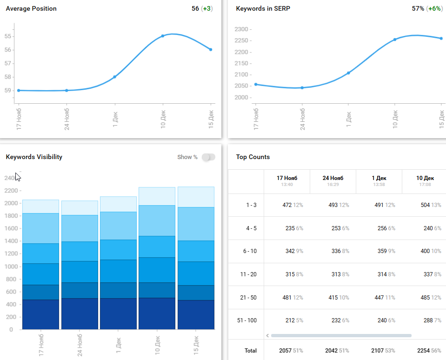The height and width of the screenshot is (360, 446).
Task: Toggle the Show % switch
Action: point(208,157)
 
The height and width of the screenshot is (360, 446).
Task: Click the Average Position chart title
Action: point(31,8)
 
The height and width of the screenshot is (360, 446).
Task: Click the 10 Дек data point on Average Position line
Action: point(162,36)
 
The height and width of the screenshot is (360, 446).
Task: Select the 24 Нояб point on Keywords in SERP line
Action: point(302,87)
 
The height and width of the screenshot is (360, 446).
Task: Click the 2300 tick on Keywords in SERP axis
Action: point(242,29)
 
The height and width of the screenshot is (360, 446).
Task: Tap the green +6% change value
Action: point(436,8)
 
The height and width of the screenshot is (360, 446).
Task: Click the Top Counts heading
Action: point(253,157)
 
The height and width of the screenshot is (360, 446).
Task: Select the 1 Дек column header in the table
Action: point(379,178)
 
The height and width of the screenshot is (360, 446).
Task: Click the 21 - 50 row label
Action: point(248,297)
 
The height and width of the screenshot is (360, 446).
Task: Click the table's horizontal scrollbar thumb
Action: point(341,335)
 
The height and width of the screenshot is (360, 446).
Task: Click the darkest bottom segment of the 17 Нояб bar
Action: point(40,314)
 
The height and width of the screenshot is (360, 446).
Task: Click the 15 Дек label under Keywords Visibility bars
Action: point(196,344)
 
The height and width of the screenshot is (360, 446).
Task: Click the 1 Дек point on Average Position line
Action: point(114,77)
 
